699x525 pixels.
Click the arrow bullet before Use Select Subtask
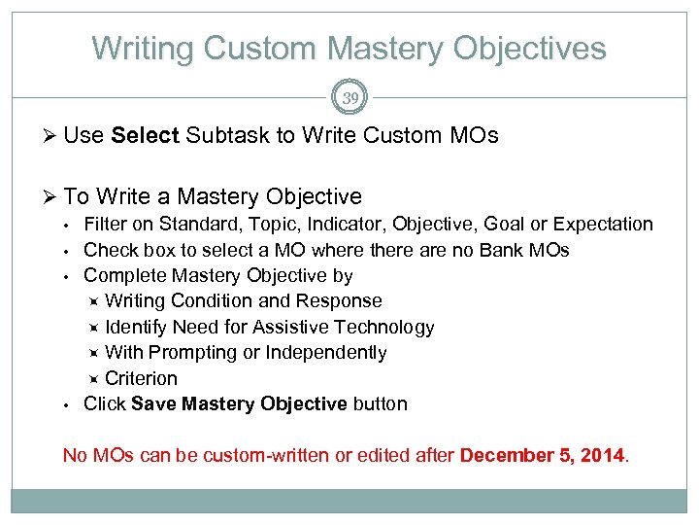52,136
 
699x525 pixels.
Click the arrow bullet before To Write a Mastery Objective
52,197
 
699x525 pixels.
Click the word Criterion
142,379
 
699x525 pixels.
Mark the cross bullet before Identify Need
94,328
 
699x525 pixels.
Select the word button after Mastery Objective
380,404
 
